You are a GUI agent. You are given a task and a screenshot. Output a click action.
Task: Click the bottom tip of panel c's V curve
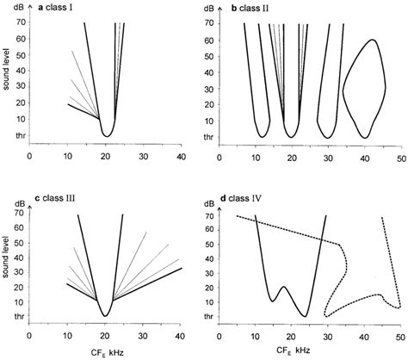[105, 315]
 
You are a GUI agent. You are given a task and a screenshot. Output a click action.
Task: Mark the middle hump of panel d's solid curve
[283, 287]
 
